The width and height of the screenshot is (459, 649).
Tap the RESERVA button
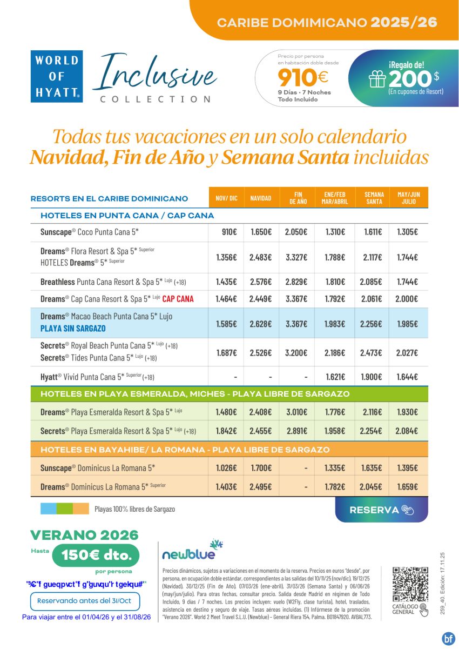click(381, 510)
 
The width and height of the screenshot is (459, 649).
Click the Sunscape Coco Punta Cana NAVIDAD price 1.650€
click(261, 232)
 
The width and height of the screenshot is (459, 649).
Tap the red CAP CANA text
click(178, 298)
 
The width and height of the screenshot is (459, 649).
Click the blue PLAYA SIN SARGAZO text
click(73, 328)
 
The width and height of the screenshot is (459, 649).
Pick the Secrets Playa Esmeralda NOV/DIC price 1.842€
click(226, 431)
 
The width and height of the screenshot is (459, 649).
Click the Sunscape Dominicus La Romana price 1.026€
click(226, 467)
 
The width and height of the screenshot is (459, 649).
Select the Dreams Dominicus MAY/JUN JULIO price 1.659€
click(407, 486)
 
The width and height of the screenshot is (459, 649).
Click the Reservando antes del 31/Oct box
click(85, 601)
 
